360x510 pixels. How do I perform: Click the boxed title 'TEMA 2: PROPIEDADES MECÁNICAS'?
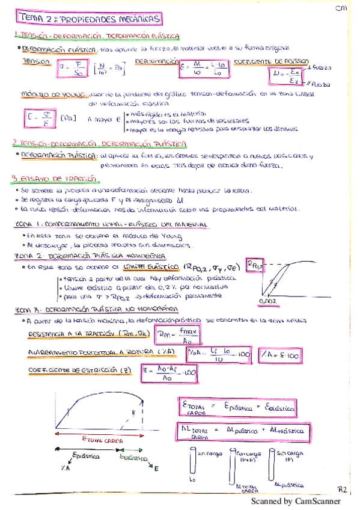pos(89,19)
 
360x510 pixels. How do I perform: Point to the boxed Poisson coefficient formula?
pos(287,76)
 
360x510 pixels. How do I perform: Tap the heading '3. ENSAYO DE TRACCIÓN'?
pos(54,179)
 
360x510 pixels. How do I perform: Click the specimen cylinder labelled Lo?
pos(192,464)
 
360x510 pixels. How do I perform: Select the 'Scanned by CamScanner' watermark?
pos(295,502)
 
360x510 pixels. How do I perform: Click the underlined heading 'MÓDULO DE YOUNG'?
pos(48,94)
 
